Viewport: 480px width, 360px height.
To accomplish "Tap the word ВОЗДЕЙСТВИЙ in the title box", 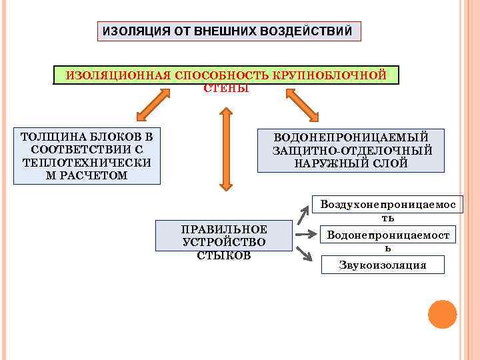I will pyautogui.click(x=312, y=31).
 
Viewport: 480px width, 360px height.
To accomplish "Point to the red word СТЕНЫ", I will pyautogui.click(x=226, y=88).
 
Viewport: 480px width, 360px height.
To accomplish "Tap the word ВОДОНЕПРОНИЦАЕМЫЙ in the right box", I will pyautogui.click(x=350, y=137).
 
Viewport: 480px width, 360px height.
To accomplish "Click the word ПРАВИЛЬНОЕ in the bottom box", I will pyautogui.click(x=224, y=229).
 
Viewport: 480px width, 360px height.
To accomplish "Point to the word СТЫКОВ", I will pyautogui.click(x=224, y=255).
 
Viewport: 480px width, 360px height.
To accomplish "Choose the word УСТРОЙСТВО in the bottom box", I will pyautogui.click(x=224, y=242).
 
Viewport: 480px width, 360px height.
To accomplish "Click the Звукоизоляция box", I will pyautogui.click(x=382, y=265).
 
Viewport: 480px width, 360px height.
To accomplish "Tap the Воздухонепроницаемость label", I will pyautogui.click(x=387, y=211).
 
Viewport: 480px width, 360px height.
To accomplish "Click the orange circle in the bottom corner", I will pyautogui.click(x=442, y=314).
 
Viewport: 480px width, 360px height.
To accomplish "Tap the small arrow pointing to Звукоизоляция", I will pyautogui.click(x=304, y=253).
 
